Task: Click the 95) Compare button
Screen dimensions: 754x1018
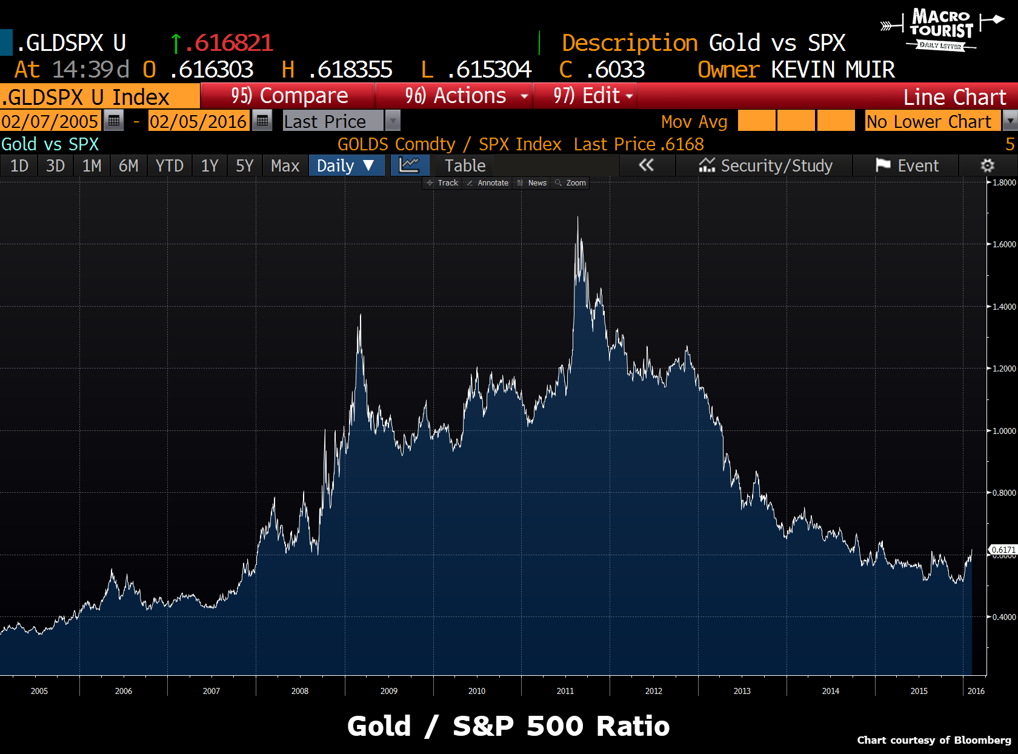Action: [288, 96]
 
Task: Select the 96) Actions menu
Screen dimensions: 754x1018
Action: [456, 96]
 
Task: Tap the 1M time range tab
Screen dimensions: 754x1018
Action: [91, 165]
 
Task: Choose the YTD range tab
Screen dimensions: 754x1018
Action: [169, 165]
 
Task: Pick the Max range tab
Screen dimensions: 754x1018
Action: [285, 165]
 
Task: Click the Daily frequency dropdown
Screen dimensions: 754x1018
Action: [346, 165]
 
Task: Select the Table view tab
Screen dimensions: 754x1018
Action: [465, 165]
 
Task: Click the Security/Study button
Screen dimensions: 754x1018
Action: [765, 165]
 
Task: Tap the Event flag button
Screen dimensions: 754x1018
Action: [907, 165]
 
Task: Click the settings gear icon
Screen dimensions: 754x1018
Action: [987, 165]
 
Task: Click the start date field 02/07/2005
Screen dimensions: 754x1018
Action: [50, 121]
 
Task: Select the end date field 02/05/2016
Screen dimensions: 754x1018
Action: [198, 121]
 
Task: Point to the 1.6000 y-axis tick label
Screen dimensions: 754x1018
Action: [1004, 244]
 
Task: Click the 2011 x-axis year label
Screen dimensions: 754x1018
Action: [565, 691]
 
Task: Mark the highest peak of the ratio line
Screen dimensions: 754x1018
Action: [577, 217]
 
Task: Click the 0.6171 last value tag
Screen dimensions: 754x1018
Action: [1003, 550]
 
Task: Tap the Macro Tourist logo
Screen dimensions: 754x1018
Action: [941, 29]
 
